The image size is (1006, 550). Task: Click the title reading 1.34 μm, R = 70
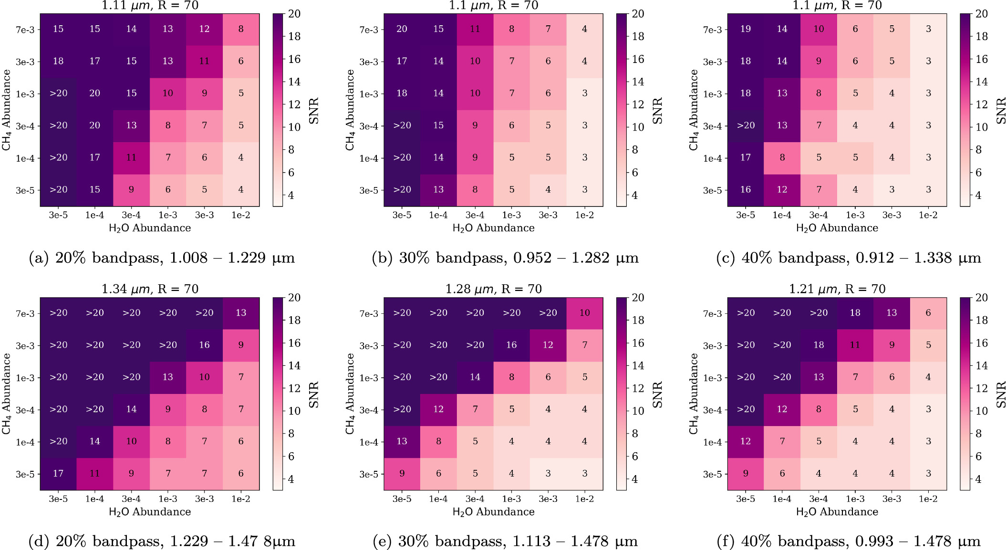point(150,289)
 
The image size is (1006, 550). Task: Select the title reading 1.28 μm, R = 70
point(493,289)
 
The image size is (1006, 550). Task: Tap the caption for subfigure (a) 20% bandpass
point(162,258)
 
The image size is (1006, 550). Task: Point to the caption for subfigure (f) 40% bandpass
point(849,541)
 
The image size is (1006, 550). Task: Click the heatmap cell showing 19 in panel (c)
point(746,29)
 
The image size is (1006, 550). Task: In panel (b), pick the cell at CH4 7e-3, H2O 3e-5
point(402,29)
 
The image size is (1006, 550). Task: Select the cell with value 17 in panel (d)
point(58,474)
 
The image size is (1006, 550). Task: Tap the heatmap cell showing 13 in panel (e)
point(402,441)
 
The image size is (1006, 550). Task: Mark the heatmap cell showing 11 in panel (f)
point(855,345)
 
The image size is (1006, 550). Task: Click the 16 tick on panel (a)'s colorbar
point(294,59)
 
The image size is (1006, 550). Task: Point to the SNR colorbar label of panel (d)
point(313,394)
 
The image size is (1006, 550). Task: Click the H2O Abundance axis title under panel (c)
point(837,228)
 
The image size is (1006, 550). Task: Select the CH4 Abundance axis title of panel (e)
point(350,394)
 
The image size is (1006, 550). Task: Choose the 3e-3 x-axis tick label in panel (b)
point(548,216)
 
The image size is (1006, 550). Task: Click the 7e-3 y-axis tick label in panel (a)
point(25,30)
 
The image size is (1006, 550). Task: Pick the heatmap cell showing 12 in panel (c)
point(782,190)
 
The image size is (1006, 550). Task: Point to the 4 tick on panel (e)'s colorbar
point(634,479)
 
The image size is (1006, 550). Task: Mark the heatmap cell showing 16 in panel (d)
point(204,345)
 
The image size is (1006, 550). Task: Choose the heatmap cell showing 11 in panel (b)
point(475,29)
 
